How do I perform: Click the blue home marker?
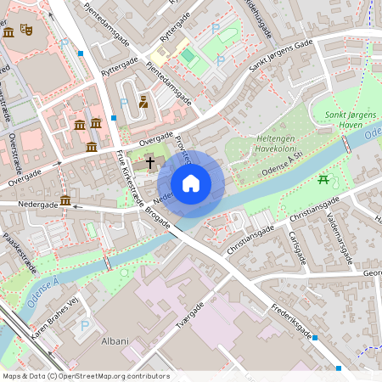pyautogui.click(x=191, y=183)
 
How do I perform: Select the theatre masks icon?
pyautogui.click(x=27, y=31)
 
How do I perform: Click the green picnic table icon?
pyautogui.click(x=323, y=178)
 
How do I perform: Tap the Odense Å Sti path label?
pyautogui.click(x=283, y=157)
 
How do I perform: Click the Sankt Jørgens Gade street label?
pyautogui.click(x=280, y=59)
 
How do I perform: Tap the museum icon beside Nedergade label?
pyautogui.click(x=65, y=200)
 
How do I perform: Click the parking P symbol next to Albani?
pyautogui.click(x=84, y=325)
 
